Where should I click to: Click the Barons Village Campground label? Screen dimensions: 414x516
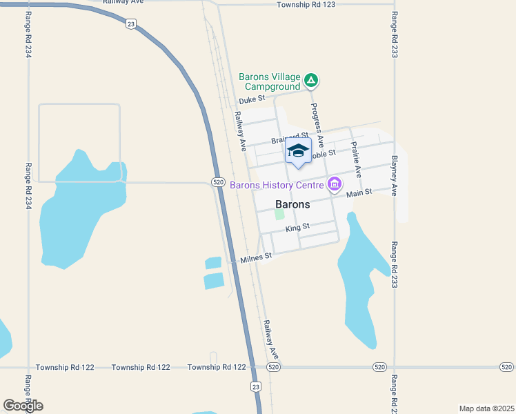click(x=270, y=81)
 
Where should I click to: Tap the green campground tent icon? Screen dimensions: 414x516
click(x=312, y=81)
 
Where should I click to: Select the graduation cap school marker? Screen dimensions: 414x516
click(x=298, y=151)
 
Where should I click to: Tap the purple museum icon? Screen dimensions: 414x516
click(x=335, y=184)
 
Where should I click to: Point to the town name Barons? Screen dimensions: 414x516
click(x=292, y=204)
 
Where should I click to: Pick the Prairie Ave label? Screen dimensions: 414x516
click(x=356, y=159)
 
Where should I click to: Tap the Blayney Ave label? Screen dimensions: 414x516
click(x=394, y=175)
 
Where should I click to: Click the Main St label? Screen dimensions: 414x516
click(x=359, y=193)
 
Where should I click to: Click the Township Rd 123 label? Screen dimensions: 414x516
click(x=306, y=5)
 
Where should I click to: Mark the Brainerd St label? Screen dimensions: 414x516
click(x=289, y=137)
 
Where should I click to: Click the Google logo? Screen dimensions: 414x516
click(x=23, y=405)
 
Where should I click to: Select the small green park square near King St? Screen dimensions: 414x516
click(x=279, y=215)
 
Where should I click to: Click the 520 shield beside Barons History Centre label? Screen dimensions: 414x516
click(x=218, y=182)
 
